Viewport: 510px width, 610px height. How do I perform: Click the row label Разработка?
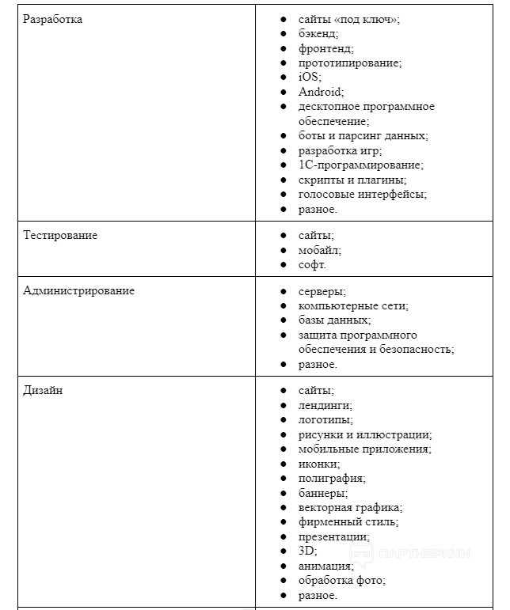pos(52,19)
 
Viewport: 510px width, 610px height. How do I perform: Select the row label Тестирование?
pos(60,235)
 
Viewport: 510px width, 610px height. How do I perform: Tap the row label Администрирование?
pos(78,290)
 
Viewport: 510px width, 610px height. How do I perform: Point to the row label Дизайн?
pos(43,390)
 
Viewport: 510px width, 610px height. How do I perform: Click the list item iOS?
pos(310,77)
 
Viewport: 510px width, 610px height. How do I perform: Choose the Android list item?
pos(321,92)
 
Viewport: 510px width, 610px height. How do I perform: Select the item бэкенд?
pos(318,33)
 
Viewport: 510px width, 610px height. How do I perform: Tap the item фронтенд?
pos(325,48)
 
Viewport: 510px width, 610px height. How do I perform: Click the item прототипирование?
pos(350,63)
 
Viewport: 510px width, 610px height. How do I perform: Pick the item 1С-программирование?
pos(360,165)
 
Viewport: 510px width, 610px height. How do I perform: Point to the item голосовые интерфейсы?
pos(362,194)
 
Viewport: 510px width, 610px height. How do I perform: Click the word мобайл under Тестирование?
pos(319,250)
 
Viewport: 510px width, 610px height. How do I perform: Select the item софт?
pos(312,264)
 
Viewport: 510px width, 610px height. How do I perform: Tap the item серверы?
pos(322,291)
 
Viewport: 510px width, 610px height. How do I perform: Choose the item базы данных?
pos(334,320)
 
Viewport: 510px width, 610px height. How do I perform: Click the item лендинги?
pos(325,405)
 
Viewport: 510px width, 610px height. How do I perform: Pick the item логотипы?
pos(325,419)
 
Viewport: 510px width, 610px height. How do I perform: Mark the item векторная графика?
pos(350,507)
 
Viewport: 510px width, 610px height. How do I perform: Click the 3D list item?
pos(307,551)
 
